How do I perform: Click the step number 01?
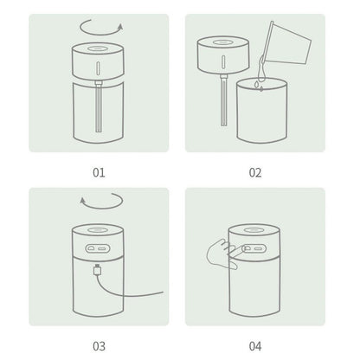click(99, 172)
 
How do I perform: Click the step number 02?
click(255, 172)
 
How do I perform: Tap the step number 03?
click(99, 346)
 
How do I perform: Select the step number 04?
click(255, 346)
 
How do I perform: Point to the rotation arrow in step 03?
click(102, 208)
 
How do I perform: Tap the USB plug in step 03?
click(98, 270)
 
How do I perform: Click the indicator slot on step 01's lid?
click(99, 68)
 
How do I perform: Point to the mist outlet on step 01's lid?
click(98, 48)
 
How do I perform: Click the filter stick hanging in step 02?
click(223, 100)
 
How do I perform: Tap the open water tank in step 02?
click(261, 111)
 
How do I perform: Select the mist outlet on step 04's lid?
click(254, 230)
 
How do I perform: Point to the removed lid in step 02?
click(223, 55)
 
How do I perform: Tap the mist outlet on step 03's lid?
click(98, 230)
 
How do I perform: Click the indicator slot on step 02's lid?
click(223, 62)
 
